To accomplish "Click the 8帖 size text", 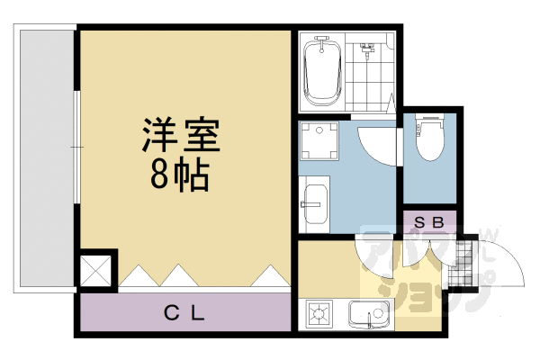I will click(180, 173).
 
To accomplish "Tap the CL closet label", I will click(185, 314).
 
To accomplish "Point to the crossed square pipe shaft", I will click(97, 270).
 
